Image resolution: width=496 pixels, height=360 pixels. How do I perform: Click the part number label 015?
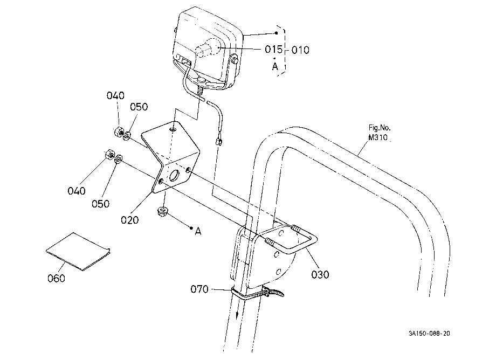[x=274, y=49]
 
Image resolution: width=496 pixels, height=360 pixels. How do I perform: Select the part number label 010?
[x=300, y=50]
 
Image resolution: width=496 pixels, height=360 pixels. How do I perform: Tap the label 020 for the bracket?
[x=130, y=220]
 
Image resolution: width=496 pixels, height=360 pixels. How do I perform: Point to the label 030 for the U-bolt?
[x=320, y=274]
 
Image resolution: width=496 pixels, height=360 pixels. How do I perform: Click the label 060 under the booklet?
[x=56, y=278]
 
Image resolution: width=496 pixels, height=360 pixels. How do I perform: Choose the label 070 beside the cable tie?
[x=199, y=289]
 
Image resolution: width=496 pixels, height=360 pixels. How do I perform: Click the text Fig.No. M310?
[x=379, y=133]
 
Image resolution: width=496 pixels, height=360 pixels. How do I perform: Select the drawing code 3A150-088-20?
[x=429, y=334]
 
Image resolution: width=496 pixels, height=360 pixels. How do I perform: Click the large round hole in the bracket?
[x=175, y=175]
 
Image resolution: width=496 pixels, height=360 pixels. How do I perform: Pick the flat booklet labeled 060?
[x=78, y=251]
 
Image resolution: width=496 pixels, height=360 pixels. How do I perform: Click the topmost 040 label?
[x=115, y=95]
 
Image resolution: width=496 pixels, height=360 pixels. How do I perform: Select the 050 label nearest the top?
[x=139, y=107]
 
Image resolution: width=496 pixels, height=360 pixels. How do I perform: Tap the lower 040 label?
[x=77, y=191]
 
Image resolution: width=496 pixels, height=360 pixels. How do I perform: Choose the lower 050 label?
[x=101, y=204]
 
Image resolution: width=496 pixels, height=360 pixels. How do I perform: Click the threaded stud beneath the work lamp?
[x=200, y=89]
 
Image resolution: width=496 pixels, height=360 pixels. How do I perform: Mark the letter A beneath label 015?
[x=275, y=66]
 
